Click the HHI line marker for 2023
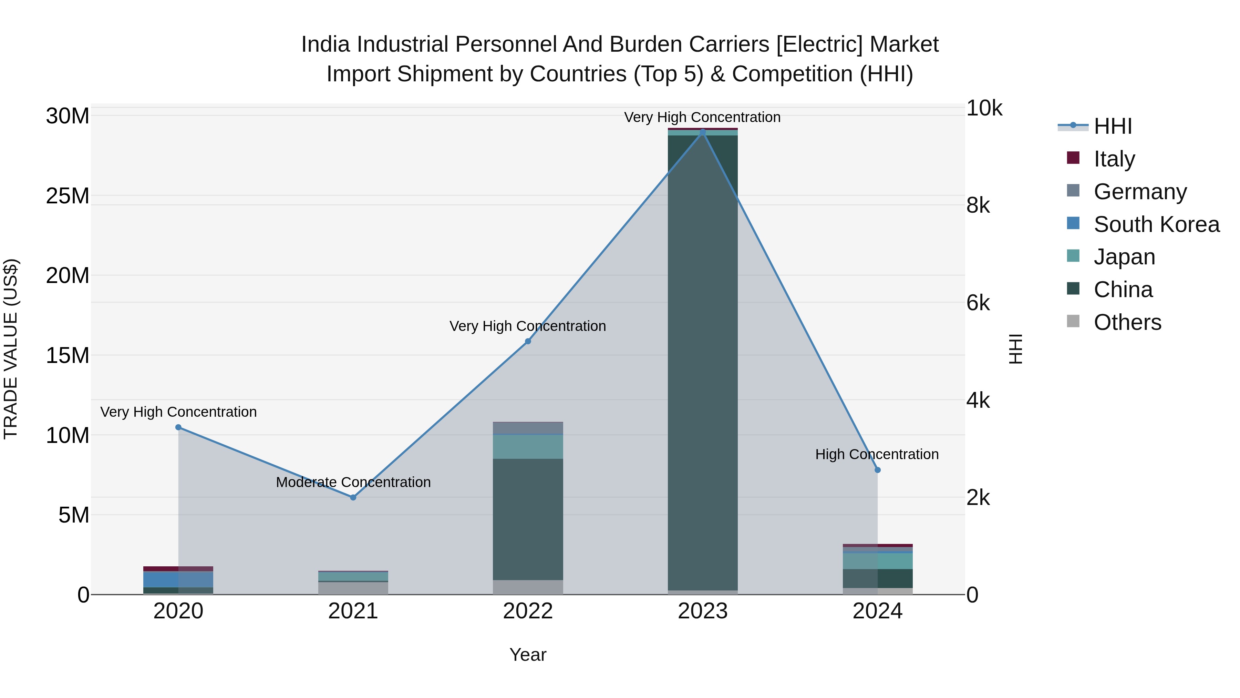(702, 132)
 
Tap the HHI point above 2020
(178, 427)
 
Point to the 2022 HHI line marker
(528, 341)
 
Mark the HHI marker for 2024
(877, 470)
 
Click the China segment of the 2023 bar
(702, 361)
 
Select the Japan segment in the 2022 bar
(528, 446)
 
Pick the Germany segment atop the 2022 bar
(528, 428)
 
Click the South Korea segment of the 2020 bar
(178, 579)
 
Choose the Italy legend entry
(1114, 159)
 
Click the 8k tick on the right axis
(978, 206)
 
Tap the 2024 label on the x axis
(877, 611)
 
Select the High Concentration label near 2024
(877, 454)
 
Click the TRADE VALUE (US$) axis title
(11, 349)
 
